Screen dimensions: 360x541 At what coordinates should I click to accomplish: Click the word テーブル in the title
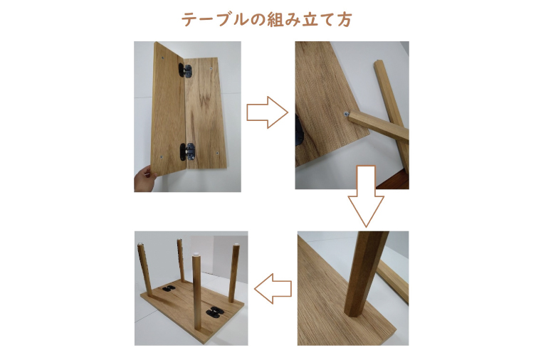[209, 19]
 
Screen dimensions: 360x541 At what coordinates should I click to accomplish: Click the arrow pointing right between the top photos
[266, 113]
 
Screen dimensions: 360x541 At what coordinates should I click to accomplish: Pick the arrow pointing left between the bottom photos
[273, 288]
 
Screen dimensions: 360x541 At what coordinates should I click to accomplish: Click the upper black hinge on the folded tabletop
[185, 70]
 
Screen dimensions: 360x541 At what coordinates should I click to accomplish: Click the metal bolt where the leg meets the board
[346, 114]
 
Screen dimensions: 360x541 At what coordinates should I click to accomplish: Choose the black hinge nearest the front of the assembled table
[214, 311]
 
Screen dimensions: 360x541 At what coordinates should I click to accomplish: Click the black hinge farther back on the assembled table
[169, 289]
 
